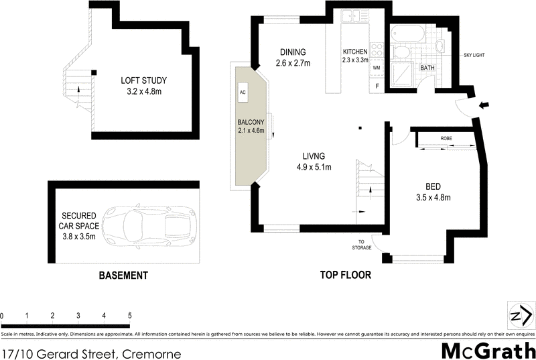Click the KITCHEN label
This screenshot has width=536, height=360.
[356, 52]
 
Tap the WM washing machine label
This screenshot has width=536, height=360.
[376, 68]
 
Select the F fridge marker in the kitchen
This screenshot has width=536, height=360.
[377, 85]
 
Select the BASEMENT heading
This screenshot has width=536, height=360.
[123, 276]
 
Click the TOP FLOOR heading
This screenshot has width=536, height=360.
[346, 276]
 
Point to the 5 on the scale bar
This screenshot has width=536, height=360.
[129, 315]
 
